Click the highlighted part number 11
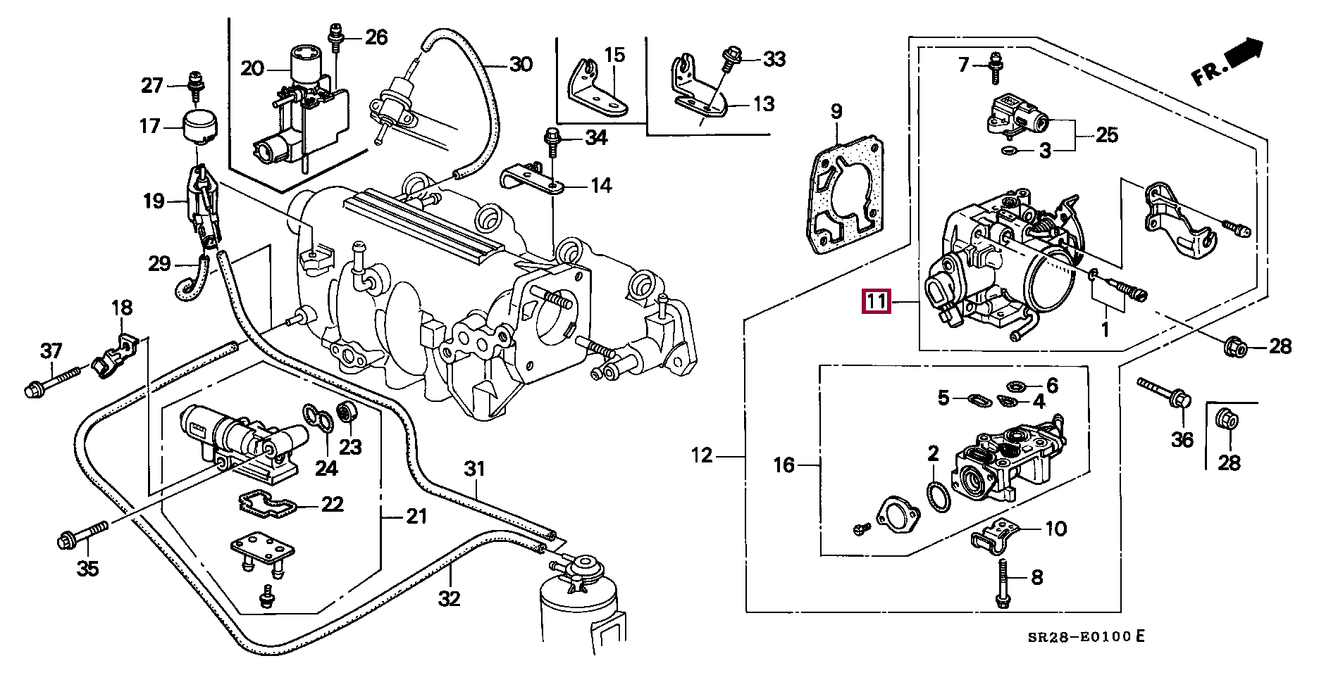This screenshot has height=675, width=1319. (x=877, y=302)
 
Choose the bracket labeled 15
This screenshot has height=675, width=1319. (x=597, y=88)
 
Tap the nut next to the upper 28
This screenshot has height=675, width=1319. (x=1234, y=347)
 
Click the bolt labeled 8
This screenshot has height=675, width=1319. (x=1002, y=583)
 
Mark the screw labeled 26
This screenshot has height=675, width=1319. (x=336, y=39)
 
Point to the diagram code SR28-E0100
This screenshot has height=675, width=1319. (x=1080, y=638)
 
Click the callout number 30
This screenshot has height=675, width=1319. (x=521, y=64)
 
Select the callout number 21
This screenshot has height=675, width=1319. (x=416, y=517)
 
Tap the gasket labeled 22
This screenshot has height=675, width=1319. (x=266, y=504)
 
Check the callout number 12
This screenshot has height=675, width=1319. (x=702, y=455)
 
